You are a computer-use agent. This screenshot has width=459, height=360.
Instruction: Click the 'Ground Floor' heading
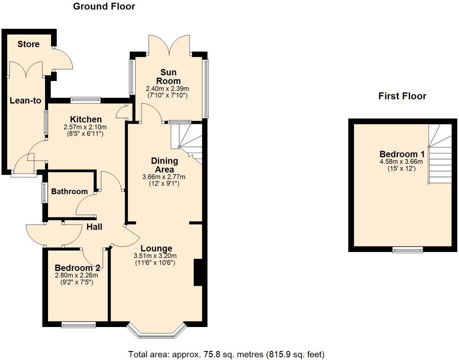[104, 6]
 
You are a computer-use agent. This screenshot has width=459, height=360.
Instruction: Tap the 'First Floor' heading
[402, 96]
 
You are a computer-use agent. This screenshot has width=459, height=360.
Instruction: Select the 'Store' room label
[29, 44]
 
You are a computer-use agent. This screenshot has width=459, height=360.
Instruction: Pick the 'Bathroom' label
[69, 192]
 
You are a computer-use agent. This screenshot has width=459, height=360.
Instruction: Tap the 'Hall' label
[94, 227]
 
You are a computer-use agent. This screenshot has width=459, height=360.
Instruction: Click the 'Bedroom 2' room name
[77, 268]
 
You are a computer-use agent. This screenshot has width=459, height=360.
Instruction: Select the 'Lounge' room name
[157, 248]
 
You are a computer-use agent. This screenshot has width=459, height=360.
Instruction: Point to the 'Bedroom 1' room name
[402, 154]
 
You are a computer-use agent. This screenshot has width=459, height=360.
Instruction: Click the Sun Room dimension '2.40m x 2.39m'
[167, 89]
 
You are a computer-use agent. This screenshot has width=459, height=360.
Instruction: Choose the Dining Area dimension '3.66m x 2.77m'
[164, 177]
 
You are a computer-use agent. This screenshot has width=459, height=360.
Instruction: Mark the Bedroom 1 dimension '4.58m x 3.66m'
[401, 162]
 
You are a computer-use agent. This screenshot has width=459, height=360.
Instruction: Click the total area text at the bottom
[226, 354]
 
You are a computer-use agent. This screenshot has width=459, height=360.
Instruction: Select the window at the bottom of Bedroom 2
[78, 324]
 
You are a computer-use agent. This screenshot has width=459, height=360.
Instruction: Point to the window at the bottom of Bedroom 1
[408, 249]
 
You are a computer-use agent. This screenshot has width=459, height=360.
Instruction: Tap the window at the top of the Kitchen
[86, 100]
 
